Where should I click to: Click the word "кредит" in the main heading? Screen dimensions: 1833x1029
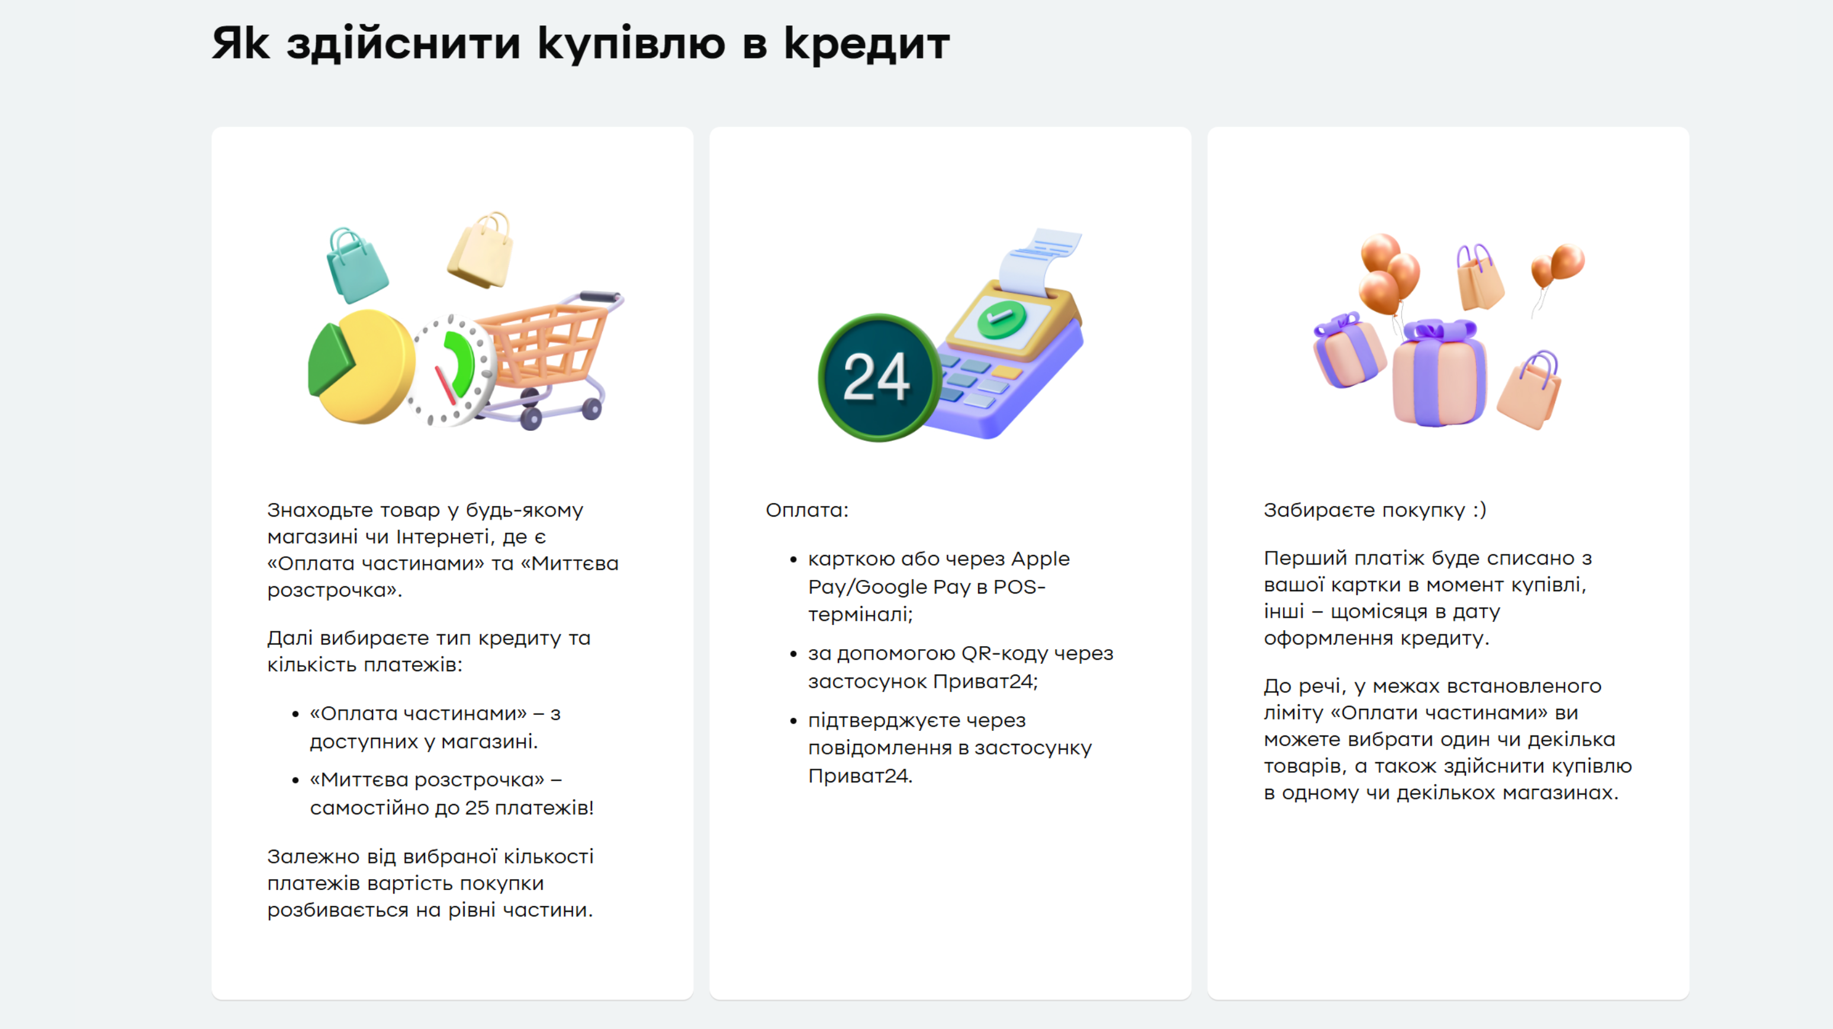867,44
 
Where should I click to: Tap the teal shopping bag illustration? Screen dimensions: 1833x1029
356,266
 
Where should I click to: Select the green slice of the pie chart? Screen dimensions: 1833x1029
330,360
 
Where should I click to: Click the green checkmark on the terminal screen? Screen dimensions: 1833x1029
1001,318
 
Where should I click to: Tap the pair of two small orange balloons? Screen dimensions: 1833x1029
1558,267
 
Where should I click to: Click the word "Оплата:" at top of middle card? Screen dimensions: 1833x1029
807,510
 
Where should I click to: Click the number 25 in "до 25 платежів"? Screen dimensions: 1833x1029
477,808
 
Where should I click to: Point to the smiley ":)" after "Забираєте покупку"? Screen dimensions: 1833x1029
1480,510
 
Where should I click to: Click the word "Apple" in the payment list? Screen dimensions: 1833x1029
1040,560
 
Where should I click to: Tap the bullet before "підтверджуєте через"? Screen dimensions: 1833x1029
793,721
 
